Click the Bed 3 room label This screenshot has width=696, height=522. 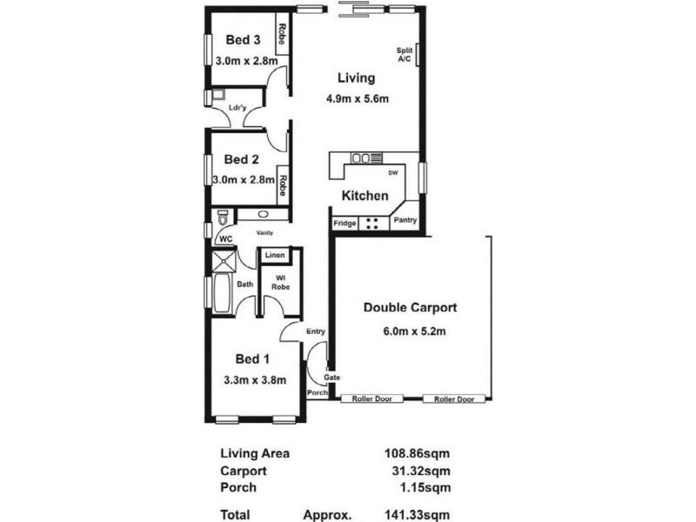pos(243,39)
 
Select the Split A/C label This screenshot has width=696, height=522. pos(404,54)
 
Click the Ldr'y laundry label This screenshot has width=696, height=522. pos(237,108)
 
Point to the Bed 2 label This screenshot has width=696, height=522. pos(241,159)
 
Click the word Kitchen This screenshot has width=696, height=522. pos(365,196)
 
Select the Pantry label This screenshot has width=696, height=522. pos(405,221)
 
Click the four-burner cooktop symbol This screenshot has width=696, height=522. pos(371,222)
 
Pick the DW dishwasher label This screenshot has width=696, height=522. pos(392,172)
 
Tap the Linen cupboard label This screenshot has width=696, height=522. pos(275,256)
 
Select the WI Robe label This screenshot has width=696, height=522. pos(279,283)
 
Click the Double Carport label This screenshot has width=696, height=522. pos(410,307)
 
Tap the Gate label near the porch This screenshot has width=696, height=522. pos(331,377)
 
